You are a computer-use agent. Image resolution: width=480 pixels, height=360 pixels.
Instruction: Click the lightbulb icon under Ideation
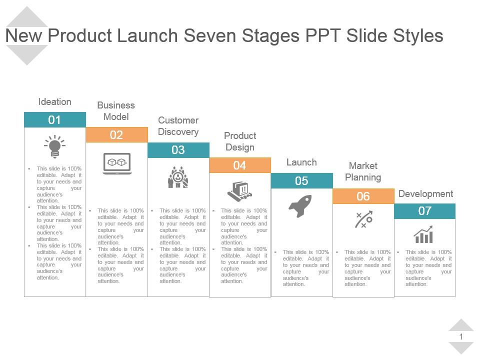(x=55, y=146)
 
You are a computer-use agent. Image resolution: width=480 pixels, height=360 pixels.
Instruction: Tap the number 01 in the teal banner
(x=54, y=120)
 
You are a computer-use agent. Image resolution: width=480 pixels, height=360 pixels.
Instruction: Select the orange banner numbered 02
(x=116, y=135)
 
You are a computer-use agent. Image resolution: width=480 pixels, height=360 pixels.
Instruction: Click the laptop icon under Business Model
(x=117, y=163)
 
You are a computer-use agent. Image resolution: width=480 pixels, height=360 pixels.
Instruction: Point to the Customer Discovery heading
(x=178, y=126)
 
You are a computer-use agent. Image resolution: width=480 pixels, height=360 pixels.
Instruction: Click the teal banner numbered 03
(x=178, y=150)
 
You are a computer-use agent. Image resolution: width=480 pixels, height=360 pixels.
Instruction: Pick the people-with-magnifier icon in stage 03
(x=178, y=177)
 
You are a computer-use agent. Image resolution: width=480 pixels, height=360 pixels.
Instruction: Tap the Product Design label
(x=240, y=141)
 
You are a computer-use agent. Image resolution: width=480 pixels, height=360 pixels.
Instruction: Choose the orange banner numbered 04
(x=240, y=165)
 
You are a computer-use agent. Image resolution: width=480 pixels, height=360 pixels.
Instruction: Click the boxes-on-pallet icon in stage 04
(x=239, y=191)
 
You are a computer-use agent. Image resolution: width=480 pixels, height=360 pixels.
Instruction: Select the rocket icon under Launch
(x=300, y=206)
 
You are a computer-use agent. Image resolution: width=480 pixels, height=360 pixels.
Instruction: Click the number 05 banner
(x=301, y=181)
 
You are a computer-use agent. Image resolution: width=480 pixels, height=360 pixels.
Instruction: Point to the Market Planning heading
(x=363, y=171)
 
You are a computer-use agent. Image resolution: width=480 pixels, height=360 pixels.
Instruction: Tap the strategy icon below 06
(x=363, y=219)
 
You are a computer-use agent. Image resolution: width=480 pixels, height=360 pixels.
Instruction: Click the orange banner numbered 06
(x=363, y=196)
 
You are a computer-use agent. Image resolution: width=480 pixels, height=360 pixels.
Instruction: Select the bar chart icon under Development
(x=423, y=234)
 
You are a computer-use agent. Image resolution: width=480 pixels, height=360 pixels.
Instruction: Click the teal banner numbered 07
(x=425, y=211)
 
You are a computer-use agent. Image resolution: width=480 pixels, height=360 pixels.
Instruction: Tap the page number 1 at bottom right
(x=461, y=337)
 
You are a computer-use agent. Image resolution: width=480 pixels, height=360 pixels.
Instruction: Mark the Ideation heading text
(x=55, y=102)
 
